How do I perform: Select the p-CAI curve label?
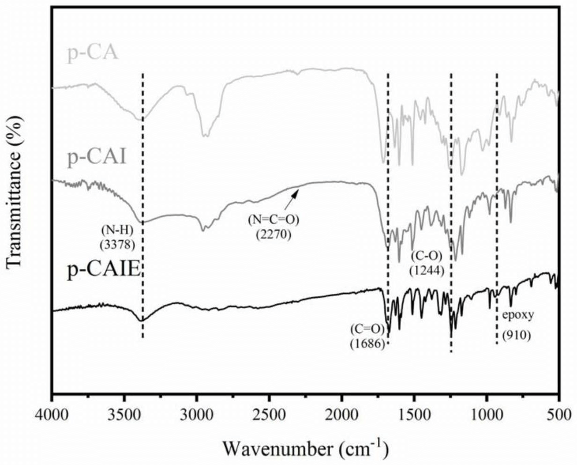point(97,157)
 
